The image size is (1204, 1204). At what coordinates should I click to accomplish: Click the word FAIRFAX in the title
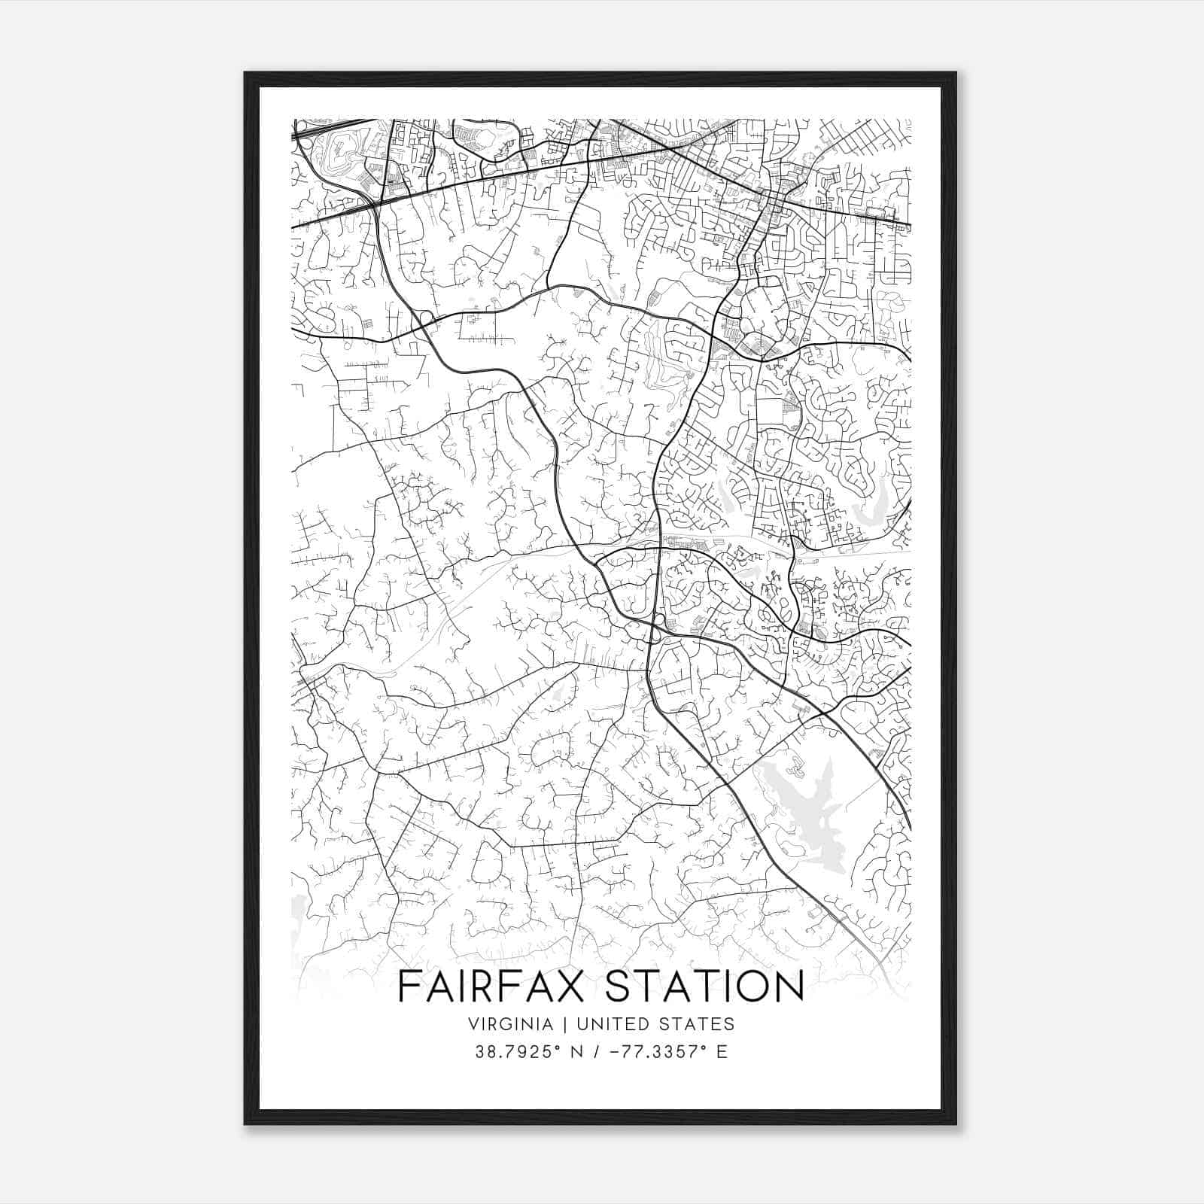click(x=496, y=987)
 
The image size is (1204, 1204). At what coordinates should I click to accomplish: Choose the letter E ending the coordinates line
click(x=722, y=1052)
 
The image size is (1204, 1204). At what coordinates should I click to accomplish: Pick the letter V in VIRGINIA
click(x=473, y=1024)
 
